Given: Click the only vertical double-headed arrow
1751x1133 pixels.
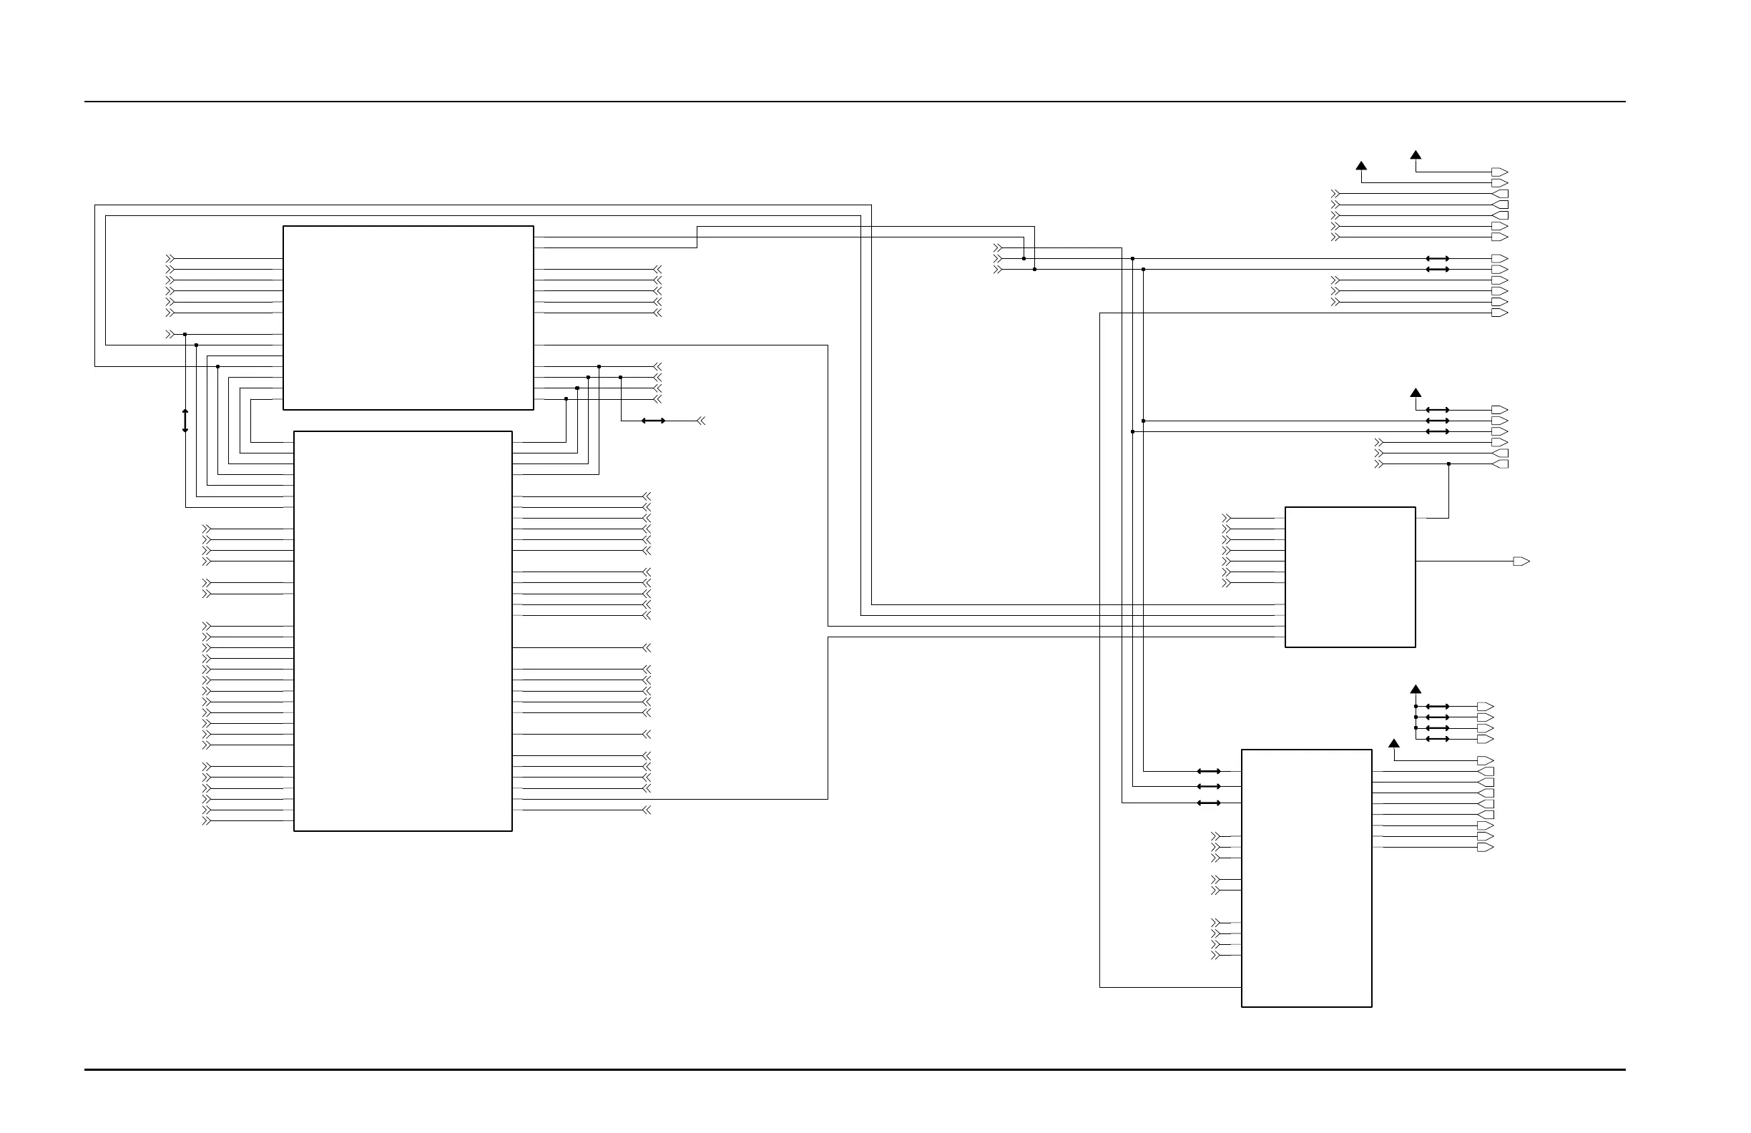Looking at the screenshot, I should click(x=185, y=421).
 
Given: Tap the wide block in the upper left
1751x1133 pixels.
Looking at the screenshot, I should click(x=408, y=317).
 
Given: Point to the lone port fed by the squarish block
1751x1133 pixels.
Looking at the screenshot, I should click(x=1521, y=561).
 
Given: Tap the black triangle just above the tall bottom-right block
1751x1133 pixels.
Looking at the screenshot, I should click(x=1393, y=744).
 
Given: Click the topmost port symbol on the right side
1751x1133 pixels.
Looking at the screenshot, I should click(x=1499, y=172).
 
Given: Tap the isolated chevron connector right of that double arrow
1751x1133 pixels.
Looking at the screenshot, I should click(x=701, y=421).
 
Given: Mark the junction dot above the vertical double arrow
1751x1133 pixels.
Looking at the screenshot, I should click(x=185, y=334).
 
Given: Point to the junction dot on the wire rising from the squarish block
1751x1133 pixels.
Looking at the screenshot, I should click(x=1448, y=464).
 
